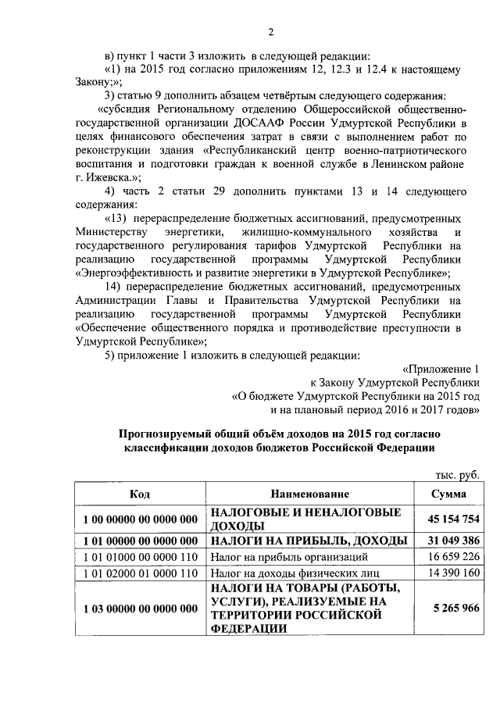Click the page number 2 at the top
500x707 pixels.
tap(271, 32)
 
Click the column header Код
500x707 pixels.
tap(140, 495)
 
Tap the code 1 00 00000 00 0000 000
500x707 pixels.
tap(140, 520)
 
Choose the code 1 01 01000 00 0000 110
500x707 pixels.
tap(140, 558)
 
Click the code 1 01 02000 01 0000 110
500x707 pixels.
tap(140, 574)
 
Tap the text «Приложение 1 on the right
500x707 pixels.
tap(441, 368)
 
